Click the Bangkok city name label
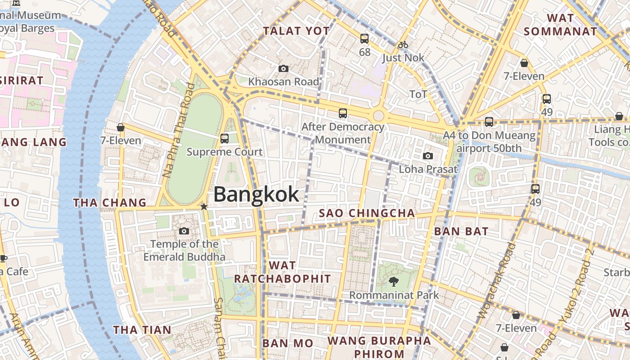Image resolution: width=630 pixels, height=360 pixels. point(256,194)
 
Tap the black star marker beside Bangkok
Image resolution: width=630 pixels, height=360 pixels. point(204,207)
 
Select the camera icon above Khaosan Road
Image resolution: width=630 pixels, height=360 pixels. point(283,68)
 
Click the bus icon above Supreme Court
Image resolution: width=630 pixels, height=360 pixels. point(225,138)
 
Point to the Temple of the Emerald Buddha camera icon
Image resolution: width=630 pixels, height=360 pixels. point(184,231)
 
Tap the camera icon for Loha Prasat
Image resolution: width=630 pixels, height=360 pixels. point(428,156)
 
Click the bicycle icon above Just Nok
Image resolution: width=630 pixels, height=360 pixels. point(403,45)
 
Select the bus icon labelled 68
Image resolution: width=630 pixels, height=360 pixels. point(364,39)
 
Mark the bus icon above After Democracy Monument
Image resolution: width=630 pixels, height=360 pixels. point(343,113)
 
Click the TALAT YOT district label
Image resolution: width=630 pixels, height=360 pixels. point(297,31)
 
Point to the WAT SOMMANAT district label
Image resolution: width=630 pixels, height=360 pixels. point(560,25)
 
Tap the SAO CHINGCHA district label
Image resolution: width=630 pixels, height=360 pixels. point(367,213)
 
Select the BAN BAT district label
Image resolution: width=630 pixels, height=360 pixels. point(461,232)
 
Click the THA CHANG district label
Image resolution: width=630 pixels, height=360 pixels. point(110,202)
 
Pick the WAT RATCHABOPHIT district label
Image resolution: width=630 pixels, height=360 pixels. point(283,272)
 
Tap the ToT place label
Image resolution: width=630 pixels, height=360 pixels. point(418,94)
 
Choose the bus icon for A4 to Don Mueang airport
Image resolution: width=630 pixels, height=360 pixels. point(489,121)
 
